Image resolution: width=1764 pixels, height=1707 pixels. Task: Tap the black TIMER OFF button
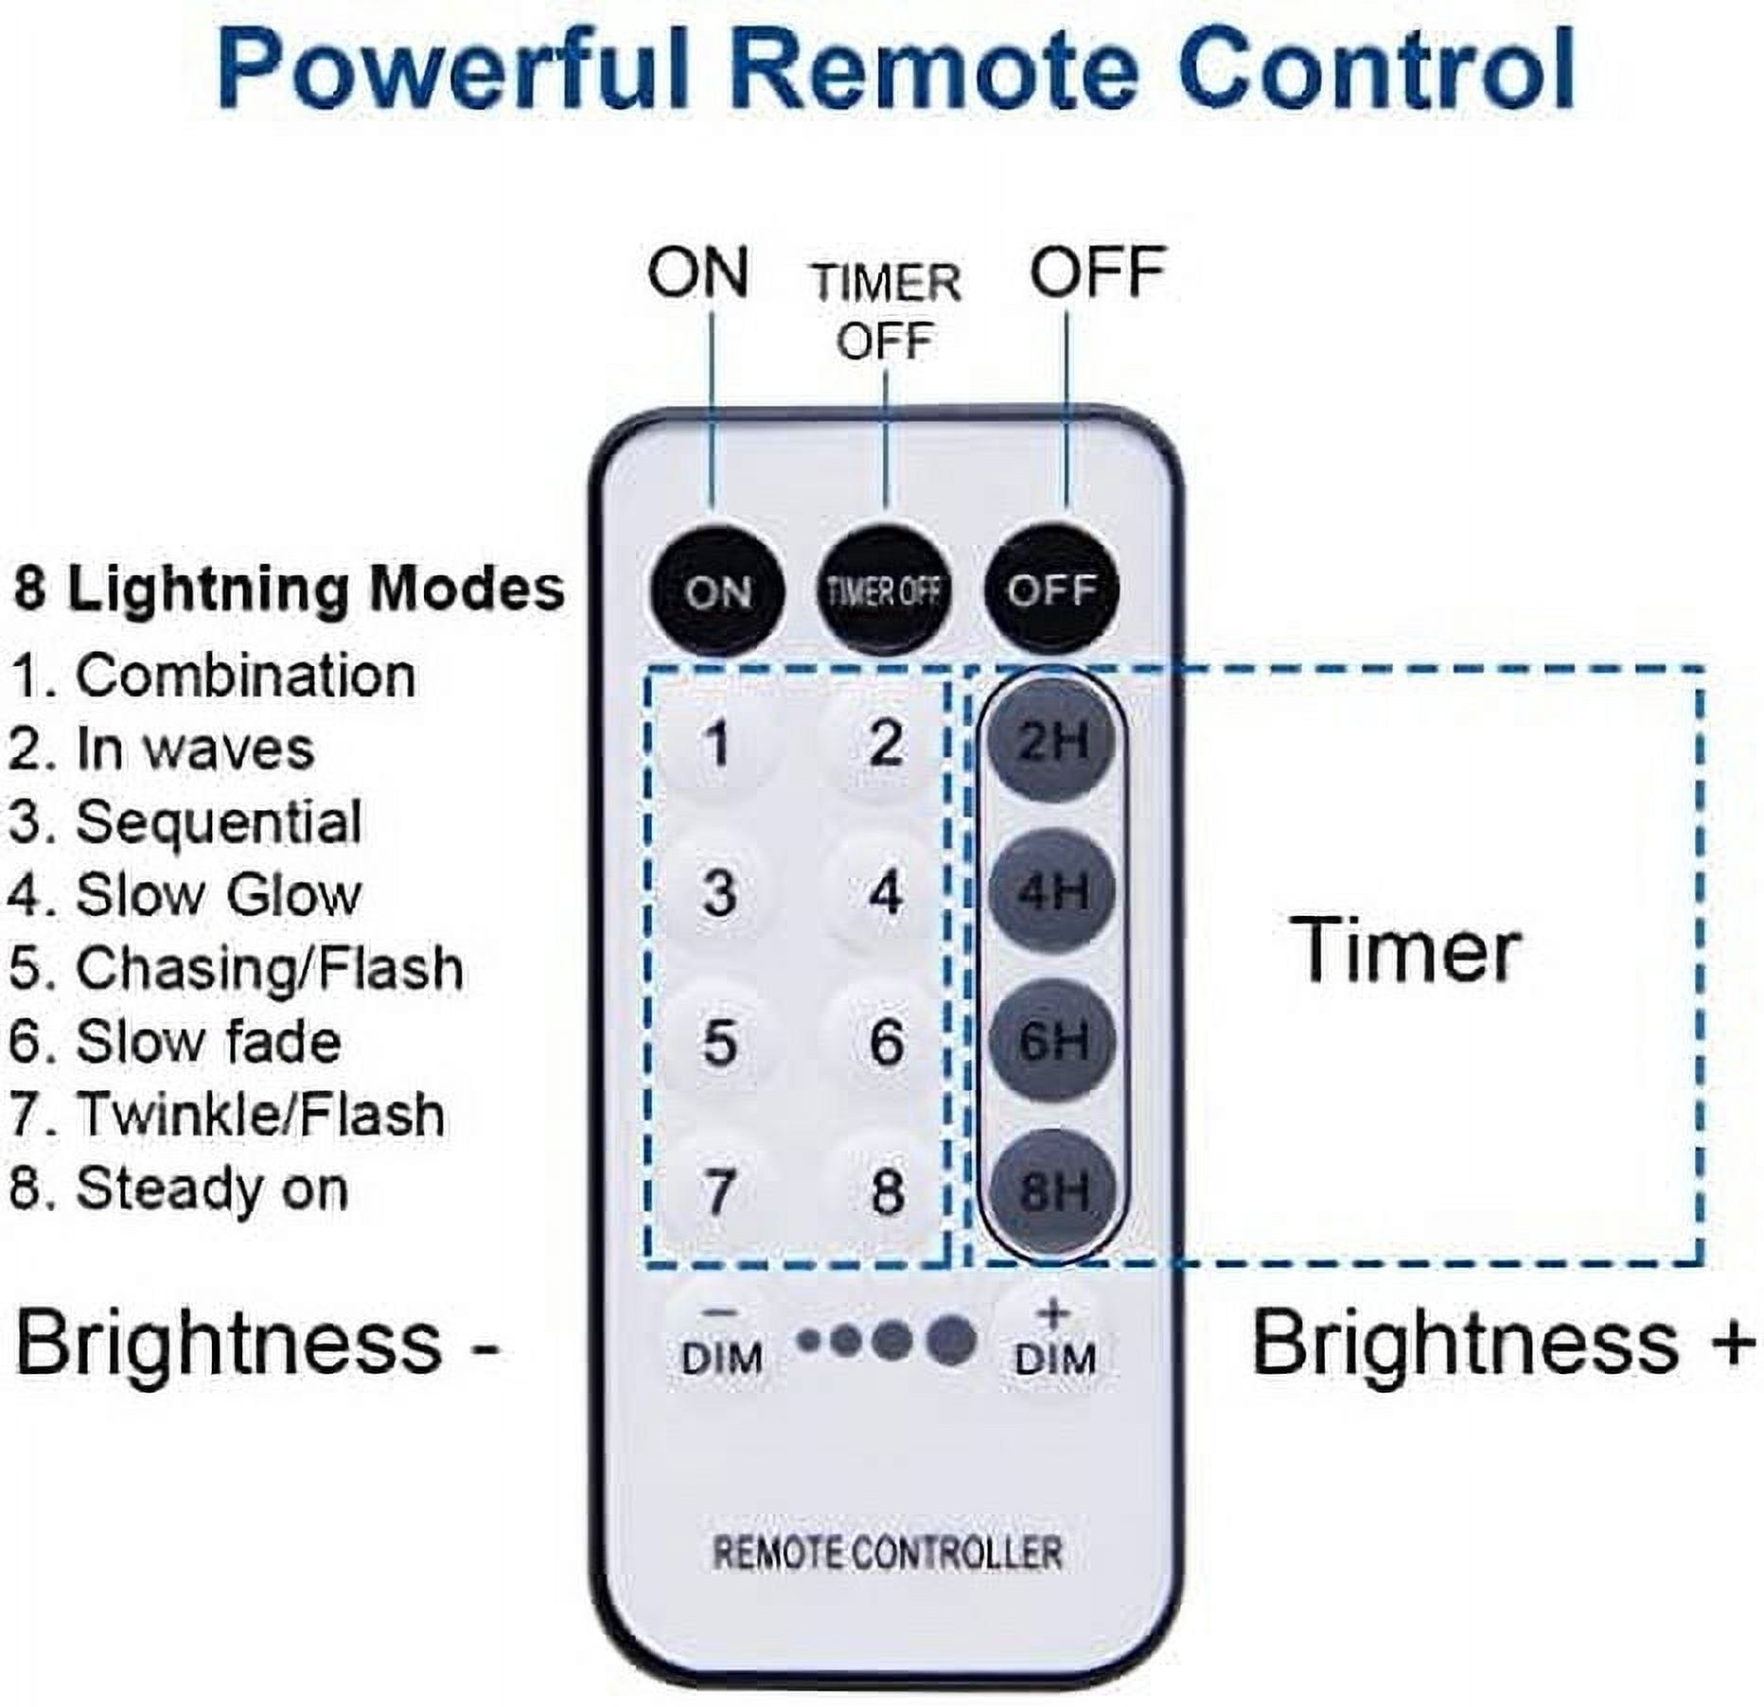click(x=884, y=590)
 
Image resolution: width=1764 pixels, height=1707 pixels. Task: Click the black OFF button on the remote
click(x=1052, y=590)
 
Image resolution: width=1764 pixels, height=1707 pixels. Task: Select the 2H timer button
click(x=1050, y=741)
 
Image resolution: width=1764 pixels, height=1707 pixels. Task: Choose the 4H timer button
click(x=1050, y=890)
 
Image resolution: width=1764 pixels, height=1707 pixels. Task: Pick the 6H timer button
click(x=1050, y=1040)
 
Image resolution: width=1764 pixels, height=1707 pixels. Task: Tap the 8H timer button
click(x=1050, y=1189)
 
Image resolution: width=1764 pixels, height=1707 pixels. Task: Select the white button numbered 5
click(x=719, y=1042)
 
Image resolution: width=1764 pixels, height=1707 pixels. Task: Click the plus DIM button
click(x=1054, y=1341)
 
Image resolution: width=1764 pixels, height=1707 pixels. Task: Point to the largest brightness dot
click(x=950, y=1340)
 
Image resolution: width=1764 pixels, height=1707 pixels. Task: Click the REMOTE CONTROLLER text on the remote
click(x=887, y=1553)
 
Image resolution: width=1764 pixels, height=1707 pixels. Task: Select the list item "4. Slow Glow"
click(x=185, y=894)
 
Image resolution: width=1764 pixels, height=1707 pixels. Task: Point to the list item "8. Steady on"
click(x=179, y=1188)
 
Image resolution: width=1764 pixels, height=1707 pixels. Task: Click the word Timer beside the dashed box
click(x=1407, y=950)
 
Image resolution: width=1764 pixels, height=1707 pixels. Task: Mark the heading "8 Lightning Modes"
click(x=289, y=589)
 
